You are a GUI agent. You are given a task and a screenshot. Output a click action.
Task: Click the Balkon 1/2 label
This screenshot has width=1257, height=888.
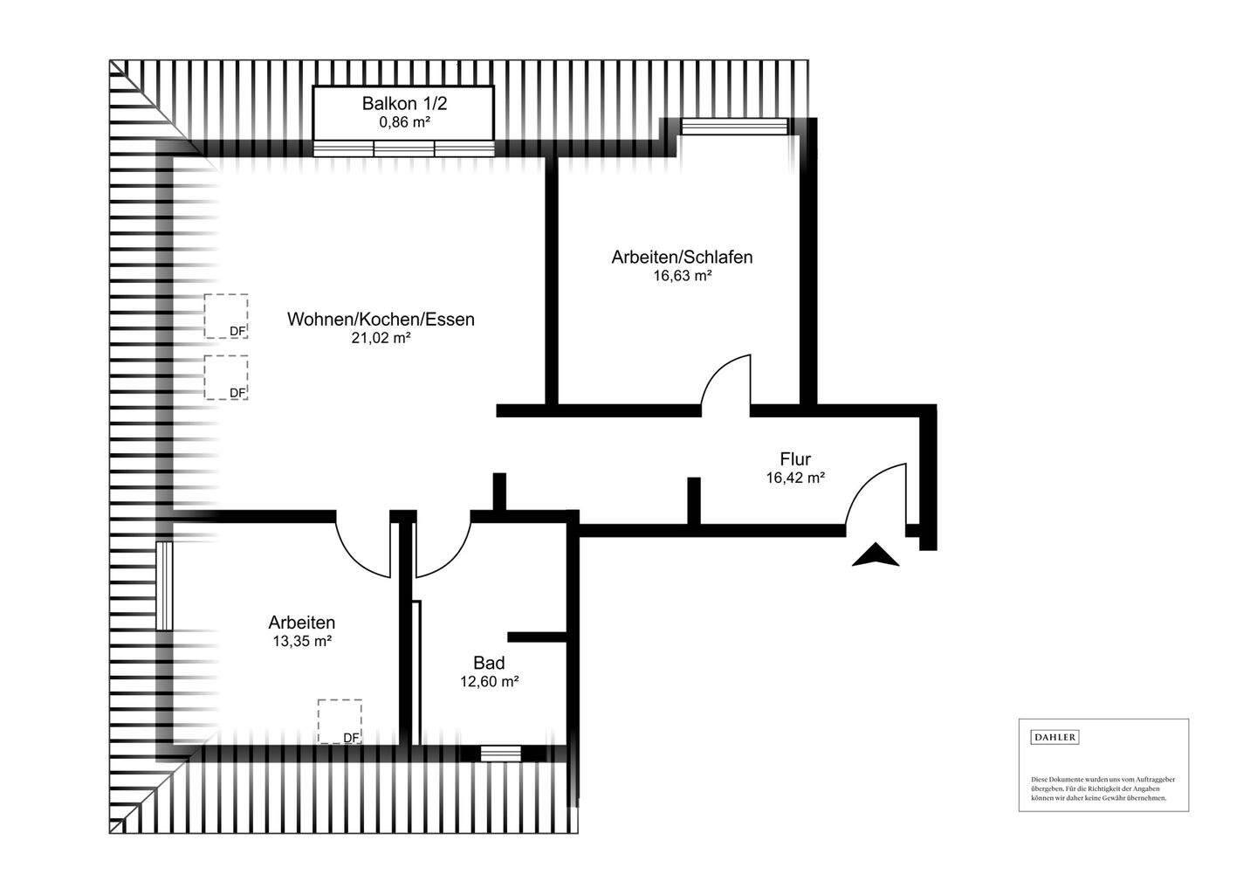(x=404, y=103)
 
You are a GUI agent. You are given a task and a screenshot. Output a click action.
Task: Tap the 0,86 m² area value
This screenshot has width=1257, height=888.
(x=404, y=122)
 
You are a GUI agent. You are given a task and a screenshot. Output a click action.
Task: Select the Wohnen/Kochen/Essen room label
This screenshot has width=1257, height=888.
(x=381, y=320)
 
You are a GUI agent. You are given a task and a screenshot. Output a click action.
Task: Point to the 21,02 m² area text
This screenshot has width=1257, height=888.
(x=381, y=339)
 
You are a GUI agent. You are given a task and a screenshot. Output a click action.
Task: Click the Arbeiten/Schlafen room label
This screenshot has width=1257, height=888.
(x=682, y=258)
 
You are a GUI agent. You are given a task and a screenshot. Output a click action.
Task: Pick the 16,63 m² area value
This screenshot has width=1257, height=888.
(x=682, y=276)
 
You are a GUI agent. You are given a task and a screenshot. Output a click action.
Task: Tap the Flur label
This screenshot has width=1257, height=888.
(x=795, y=459)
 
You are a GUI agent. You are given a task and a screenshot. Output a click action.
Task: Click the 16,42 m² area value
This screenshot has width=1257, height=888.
(x=795, y=478)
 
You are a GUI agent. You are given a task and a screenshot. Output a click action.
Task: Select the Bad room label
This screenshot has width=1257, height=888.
(x=489, y=663)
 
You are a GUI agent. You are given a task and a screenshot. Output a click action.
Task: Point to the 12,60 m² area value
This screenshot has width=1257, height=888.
(x=489, y=682)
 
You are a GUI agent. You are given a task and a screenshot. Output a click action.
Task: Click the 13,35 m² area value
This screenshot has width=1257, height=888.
(x=301, y=641)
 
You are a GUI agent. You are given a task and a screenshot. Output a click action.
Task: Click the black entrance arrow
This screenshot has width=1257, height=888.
(x=876, y=555)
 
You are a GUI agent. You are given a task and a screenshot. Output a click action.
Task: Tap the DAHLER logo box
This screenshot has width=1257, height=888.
(x=1055, y=738)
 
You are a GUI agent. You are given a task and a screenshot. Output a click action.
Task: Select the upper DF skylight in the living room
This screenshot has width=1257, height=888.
(x=226, y=316)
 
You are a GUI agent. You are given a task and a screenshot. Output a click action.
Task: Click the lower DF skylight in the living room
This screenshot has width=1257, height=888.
(x=226, y=377)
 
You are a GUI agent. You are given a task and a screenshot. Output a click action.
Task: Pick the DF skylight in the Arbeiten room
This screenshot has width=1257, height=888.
(x=340, y=721)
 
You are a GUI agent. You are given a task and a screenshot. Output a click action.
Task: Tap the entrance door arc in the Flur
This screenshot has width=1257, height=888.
(x=876, y=494)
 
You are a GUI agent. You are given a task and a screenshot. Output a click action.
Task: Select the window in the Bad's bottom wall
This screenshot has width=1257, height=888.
(x=501, y=753)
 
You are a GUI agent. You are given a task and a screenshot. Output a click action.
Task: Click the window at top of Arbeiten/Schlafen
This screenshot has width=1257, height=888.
(x=736, y=127)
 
